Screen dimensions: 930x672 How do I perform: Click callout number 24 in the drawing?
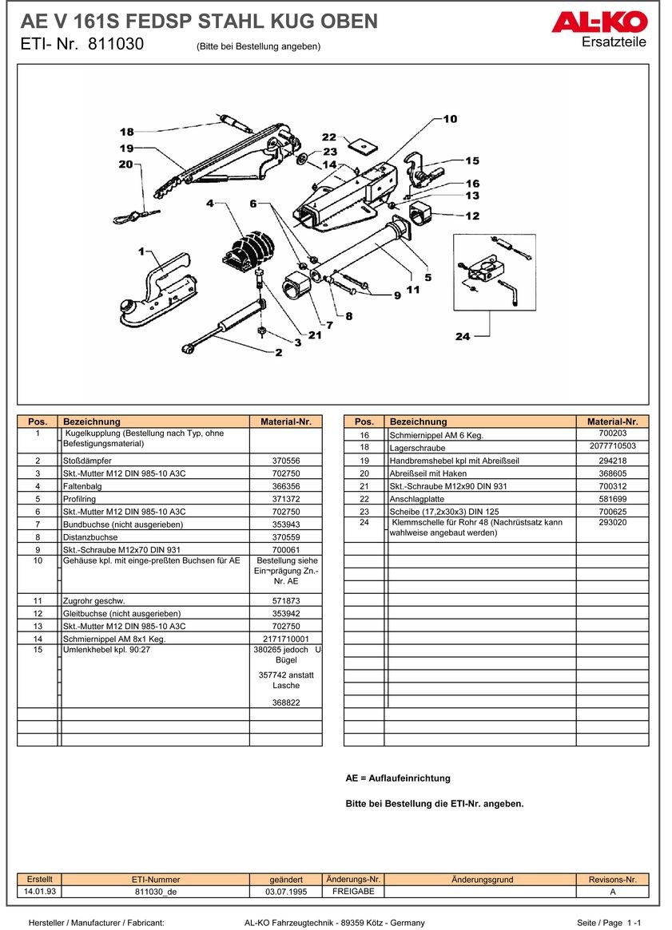(463, 336)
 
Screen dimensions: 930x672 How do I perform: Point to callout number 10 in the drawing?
(450, 119)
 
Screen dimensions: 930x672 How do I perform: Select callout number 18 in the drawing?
(127, 132)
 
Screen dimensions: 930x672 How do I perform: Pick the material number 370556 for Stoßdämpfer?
(285, 461)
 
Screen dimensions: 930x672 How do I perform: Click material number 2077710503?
(612, 446)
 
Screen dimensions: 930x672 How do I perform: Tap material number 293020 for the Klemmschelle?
(612, 523)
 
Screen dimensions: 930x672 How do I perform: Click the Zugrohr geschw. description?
(94, 600)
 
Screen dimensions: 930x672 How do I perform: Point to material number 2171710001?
(285, 639)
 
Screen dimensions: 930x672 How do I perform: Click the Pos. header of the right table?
(364, 421)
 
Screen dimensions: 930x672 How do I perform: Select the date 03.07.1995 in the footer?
(285, 892)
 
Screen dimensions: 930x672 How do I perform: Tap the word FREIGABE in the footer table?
(352, 891)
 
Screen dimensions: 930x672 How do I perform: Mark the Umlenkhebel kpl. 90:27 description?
(106, 650)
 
